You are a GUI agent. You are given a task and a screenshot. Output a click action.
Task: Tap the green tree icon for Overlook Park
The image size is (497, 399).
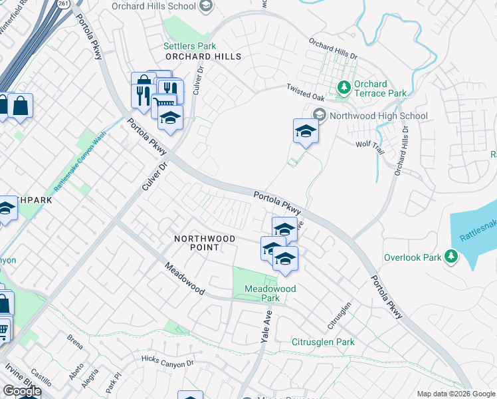tap(451, 257)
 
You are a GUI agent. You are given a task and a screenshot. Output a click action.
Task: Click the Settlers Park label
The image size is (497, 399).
tap(190, 47)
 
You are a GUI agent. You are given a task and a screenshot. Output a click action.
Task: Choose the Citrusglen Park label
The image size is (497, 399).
tap(323, 342)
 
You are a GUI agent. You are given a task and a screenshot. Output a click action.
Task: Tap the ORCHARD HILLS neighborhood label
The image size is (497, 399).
tap(203, 57)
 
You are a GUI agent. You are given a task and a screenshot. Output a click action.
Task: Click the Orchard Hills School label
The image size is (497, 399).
tap(163, 7)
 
